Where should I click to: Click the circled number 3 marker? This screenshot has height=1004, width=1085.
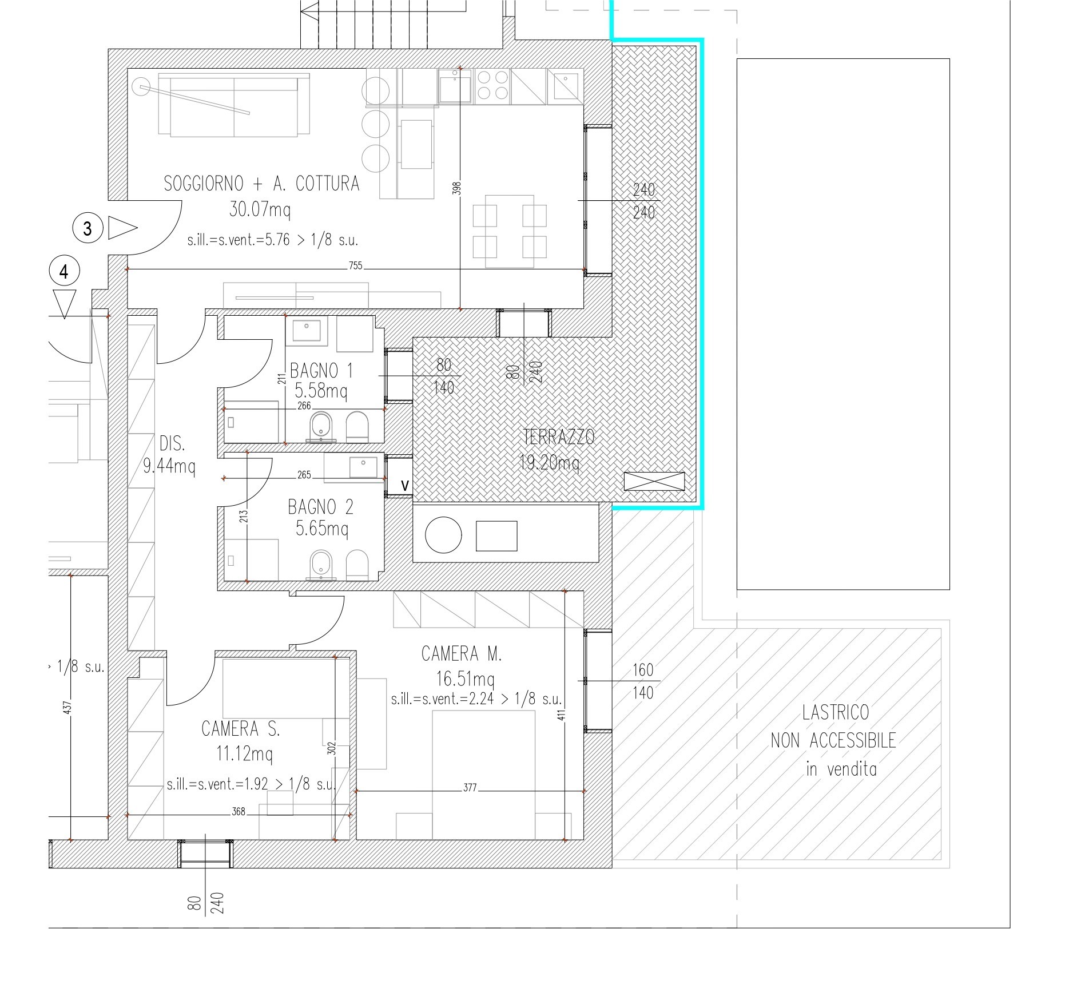point(88,228)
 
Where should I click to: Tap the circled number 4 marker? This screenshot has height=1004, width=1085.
point(64,272)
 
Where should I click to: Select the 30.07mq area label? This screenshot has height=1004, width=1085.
point(260,210)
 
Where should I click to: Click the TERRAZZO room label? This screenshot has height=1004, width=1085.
point(559,437)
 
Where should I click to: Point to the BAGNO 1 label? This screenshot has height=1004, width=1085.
point(321,371)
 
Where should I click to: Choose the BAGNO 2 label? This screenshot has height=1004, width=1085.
point(321,507)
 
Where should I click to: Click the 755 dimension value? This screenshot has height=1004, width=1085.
point(356,265)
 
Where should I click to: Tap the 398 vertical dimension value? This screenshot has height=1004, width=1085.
point(457,189)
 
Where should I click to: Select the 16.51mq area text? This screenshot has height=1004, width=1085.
point(465,679)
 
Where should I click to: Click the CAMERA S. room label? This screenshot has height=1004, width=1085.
point(241,729)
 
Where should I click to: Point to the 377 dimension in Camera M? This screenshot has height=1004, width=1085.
point(470,788)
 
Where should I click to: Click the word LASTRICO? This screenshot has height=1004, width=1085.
point(836,712)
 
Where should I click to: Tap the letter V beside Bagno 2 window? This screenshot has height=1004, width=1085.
point(405,486)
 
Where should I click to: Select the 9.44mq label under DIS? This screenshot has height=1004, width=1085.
point(169,467)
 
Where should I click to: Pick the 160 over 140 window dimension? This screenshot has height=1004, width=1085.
point(643,681)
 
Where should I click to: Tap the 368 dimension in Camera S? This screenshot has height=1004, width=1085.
point(239,811)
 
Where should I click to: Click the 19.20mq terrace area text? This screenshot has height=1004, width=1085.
point(549,462)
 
